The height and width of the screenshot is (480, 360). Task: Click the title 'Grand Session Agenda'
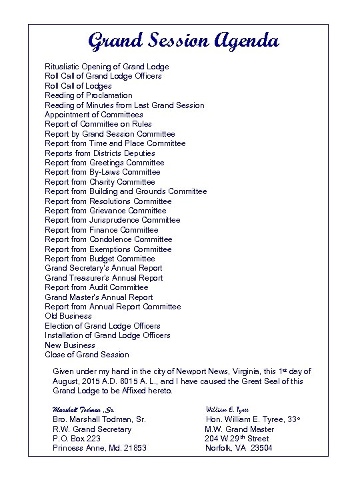tap(183, 41)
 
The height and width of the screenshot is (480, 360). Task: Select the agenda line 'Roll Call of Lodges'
tap(78, 86)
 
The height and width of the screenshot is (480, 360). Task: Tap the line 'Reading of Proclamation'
tap(88, 95)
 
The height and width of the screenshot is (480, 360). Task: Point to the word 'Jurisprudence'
tap(114, 220)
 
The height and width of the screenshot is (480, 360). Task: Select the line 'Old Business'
tap(68, 316)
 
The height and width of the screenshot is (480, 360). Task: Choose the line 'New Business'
tap(70, 345)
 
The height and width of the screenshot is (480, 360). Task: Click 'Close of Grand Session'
tap(87, 355)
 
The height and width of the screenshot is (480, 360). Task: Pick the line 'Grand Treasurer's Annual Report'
tap(103, 278)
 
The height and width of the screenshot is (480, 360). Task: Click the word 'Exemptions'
tap(111, 249)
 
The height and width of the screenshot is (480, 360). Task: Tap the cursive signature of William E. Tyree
tap(227, 408)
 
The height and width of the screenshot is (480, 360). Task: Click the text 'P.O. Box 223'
tap(77, 439)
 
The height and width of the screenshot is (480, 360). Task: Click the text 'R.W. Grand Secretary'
tap(92, 429)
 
